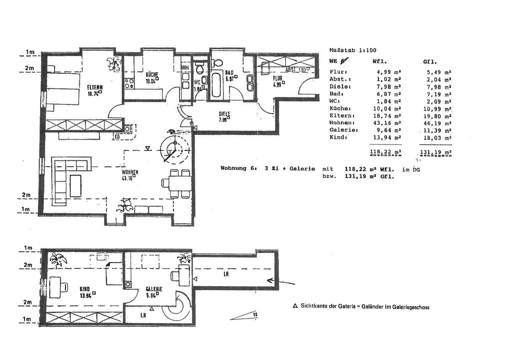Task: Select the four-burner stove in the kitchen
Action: [x=129, y=83]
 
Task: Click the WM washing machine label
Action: [x=185, y=68]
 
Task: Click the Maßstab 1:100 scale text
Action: [x=352, y=50]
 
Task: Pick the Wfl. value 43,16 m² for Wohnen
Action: [x=387, y=123]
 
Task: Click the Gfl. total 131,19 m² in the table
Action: [x=436, y=152]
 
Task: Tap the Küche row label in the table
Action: [x=340, y=109]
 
